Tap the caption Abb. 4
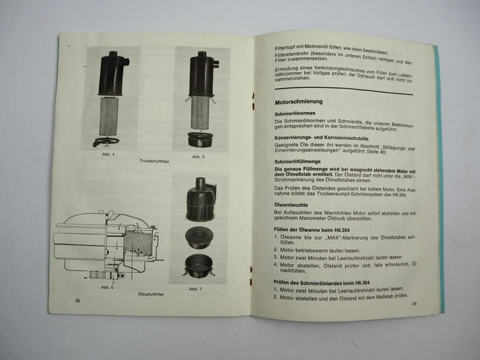pyautogui.click(x=108, y=155)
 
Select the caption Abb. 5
pyautogui.click(x=198, y=157)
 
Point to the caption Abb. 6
pyautogui.click(x=107, y=287)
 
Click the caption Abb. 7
pyautogui.click(x=195, y=289)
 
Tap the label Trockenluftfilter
pyautogui.click(x=155, y=161)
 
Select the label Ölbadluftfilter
pyautogui.click(x=151, y=294)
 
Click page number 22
pyautogui.click(x=77, y=300)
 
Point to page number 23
pyautogui.click(x=414, y=304)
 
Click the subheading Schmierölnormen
pyautogui.click(x=295, y=113)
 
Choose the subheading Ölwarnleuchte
pyautogui.click(x=291, y=205)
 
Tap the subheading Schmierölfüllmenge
pyautogui.click(x=297, y=162)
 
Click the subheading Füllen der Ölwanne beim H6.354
pyautogui.click(x=312, y=230)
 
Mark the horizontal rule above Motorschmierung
pyautogui.click(x=344, y=91)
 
